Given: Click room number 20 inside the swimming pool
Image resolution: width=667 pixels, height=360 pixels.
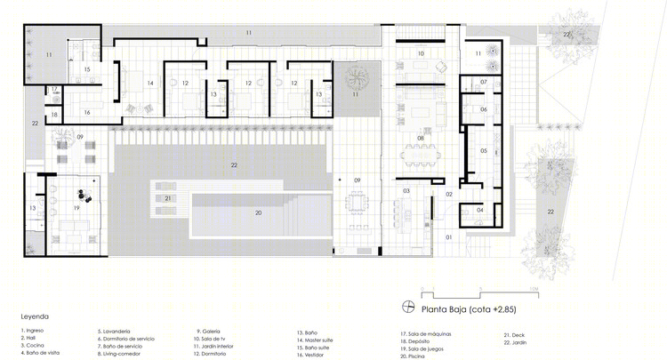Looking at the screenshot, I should click(258, 213).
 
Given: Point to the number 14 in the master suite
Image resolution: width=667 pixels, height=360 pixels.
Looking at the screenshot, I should click(151, 84).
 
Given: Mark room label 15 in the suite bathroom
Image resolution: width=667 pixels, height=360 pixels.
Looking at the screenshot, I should click(86, 68).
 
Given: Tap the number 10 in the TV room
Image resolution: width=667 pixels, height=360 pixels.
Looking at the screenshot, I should click(422, 54).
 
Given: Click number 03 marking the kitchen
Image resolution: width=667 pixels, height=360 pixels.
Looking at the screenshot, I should click(406, 191).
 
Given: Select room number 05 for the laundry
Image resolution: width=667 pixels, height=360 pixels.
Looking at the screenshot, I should click(484, 151).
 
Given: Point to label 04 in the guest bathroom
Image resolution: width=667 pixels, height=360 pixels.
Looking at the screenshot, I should click(480, 210).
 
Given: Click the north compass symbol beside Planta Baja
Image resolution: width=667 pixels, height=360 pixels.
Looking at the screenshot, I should click(409, 307).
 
